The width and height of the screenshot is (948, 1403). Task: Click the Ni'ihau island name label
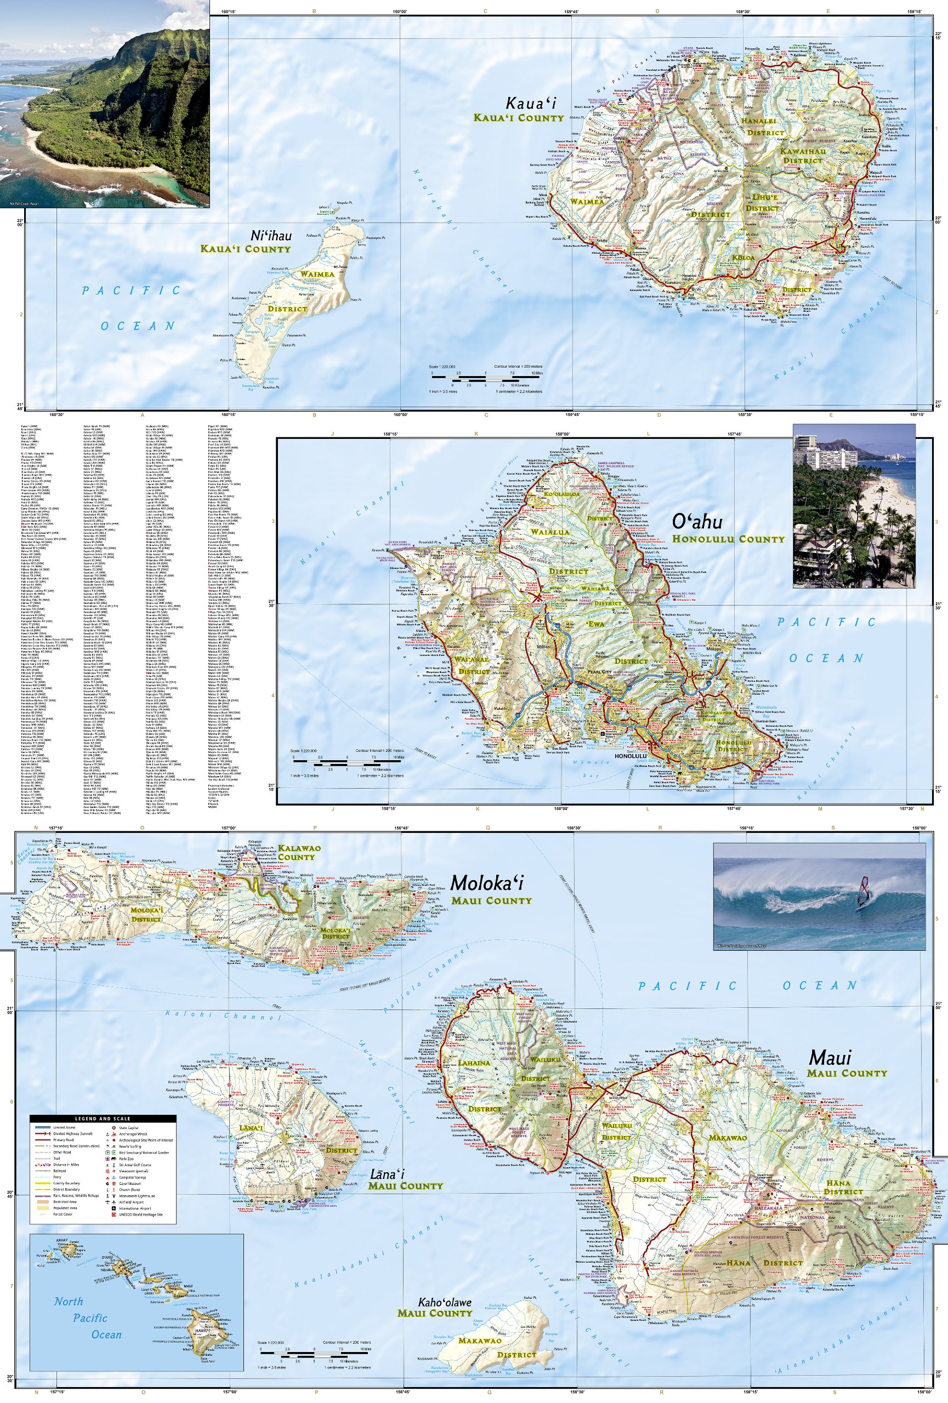[x=270, y=236]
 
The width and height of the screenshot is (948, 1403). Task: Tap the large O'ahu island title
[x=696, y=522]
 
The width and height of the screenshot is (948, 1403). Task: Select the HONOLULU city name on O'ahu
[x=631, y=756]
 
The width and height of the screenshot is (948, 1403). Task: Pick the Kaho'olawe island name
[x=445, y=1302]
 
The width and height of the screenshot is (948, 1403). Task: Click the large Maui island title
[x=830, y=1058]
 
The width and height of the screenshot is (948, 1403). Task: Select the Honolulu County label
[x=728, y=539]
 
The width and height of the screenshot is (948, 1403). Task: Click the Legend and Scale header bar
[x=103, y=1119]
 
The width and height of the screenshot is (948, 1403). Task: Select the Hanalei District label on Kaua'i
[x=765, y=127]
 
